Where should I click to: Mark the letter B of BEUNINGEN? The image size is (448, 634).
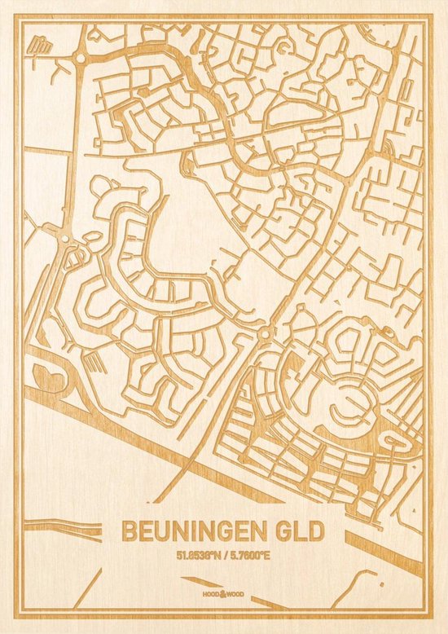[x=129, y=531]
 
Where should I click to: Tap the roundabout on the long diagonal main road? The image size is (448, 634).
[x=266, y=333]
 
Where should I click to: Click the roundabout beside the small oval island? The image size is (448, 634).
[x=64, y=238]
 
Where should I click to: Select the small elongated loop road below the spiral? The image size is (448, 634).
[x=399, y=441]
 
